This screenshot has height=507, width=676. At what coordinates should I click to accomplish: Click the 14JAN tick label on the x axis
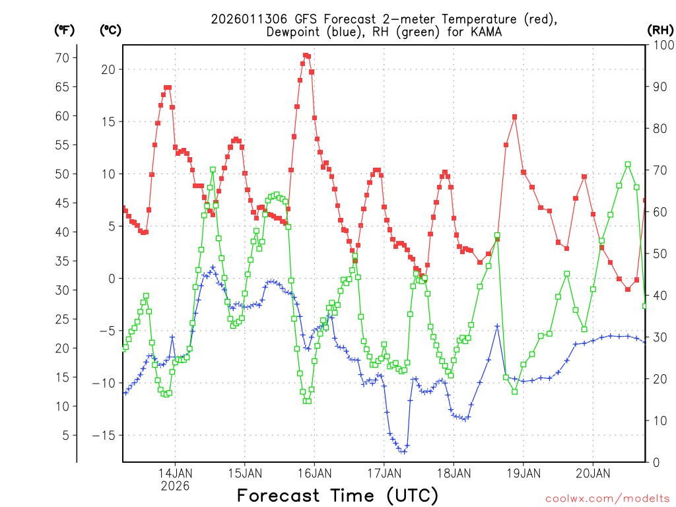pos(175,473)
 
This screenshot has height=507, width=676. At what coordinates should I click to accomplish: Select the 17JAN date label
pos(384,473)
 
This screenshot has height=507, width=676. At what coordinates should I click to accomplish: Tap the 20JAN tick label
pos(592,473)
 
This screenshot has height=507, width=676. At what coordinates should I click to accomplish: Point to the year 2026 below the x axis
pos(175,486)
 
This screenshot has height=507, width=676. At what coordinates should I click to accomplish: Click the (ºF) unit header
pos(64,30)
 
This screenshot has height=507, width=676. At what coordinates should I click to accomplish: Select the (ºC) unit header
pos(111,30)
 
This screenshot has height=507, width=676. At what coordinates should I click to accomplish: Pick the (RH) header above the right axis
pos(659,30)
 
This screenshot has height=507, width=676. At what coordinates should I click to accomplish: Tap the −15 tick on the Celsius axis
pos(104,435)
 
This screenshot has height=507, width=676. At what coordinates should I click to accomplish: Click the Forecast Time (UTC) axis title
pos(337,495)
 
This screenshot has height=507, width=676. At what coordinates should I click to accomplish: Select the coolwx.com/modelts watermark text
pos(607,498)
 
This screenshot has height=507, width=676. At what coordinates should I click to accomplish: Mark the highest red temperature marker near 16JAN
pos(306,55)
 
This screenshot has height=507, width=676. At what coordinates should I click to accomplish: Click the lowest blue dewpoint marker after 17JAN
pos(403,452)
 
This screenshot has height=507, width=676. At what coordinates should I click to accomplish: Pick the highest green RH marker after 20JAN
pos(628,164)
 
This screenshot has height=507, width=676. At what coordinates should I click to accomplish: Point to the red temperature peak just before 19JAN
pos(514,117)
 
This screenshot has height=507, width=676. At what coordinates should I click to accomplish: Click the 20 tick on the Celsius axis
pos(108,69)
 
